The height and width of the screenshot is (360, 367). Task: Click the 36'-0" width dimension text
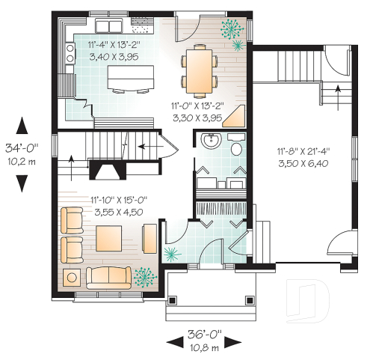[x=204, y=335]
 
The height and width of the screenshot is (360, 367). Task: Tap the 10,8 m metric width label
[x=204, y=348]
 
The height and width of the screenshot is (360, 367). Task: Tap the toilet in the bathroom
[x=236, y=146]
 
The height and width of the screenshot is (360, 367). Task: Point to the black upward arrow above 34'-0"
[x=22, y=124]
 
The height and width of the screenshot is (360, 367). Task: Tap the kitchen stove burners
[x=71, y=52]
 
